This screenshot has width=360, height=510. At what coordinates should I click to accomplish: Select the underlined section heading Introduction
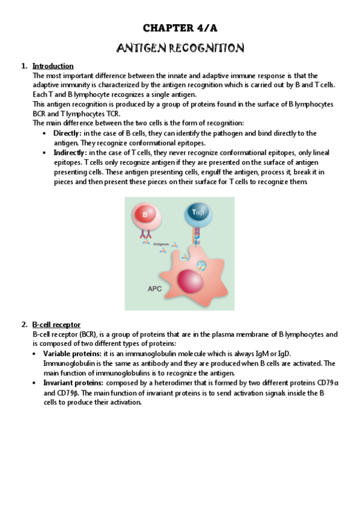pyautogui.click(x=53, y=66)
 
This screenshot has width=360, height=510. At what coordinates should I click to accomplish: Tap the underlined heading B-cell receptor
pyautogui.click(x=56, y=325)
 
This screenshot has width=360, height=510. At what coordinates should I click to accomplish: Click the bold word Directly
pyautogui.click(x=67, y=133)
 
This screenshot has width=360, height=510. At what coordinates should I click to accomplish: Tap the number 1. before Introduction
pyautogui.click(x=24, y=66)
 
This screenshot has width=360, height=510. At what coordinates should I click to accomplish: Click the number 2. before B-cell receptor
pyautogui.click(x=24, y=325)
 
